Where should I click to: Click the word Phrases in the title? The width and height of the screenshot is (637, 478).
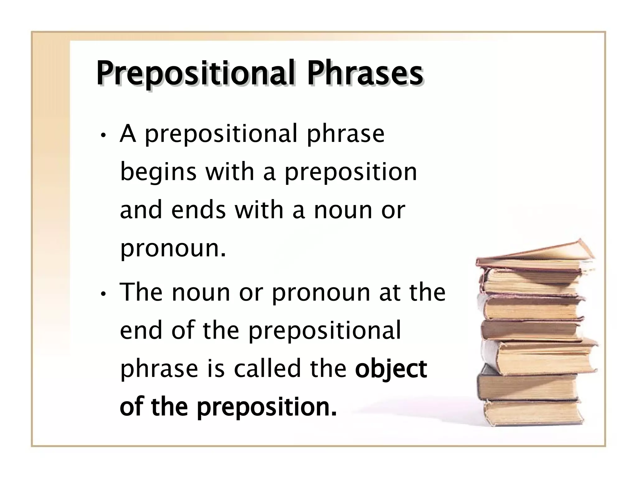click(365, 74)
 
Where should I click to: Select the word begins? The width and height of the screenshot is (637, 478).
click(158, 173)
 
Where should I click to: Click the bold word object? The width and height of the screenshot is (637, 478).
click(391, 369)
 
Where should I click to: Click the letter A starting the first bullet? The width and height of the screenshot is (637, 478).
click(128, 134)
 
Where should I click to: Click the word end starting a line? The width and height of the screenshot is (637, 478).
click(141, 330)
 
